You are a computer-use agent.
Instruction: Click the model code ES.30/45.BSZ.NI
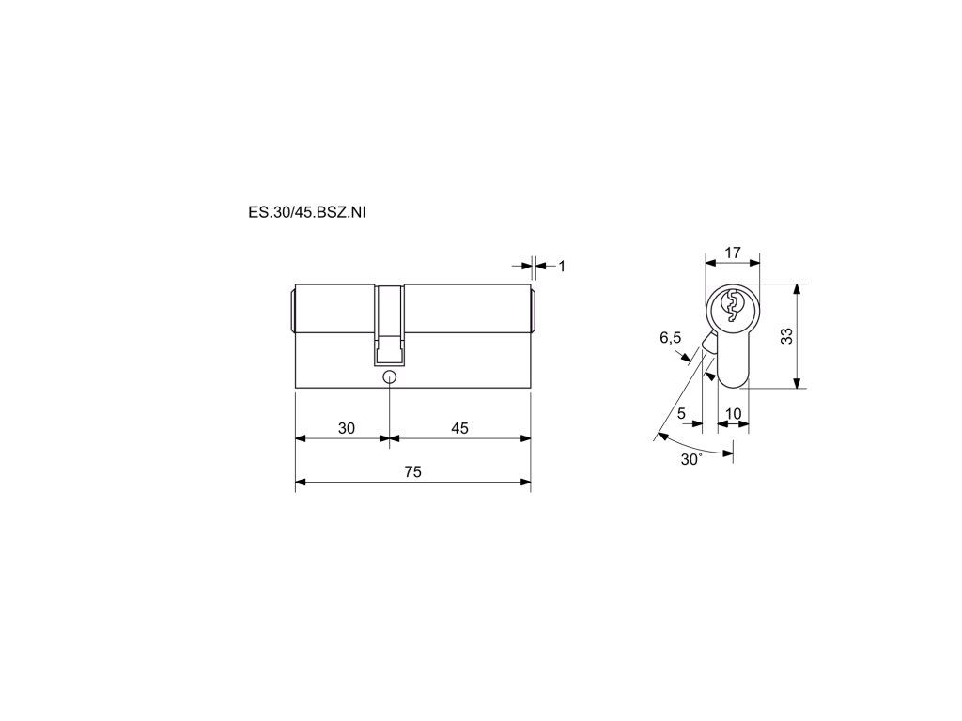(x=307, y=213)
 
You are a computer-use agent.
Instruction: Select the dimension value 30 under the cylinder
(x=347, y=428)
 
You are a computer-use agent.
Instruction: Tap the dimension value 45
(x=459, y=428)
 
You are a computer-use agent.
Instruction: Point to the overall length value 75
(x=413, y=471)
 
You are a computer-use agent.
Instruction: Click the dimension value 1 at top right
(x=562, y=266)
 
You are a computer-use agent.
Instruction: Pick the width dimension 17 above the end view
(x=733, y=252)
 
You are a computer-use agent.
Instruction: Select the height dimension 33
(x=786, y=336)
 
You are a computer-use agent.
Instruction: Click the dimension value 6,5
(x=670, y=337)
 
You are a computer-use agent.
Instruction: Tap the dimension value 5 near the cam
(x=682, y=414)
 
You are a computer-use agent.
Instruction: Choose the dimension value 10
(x=733, y=414)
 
